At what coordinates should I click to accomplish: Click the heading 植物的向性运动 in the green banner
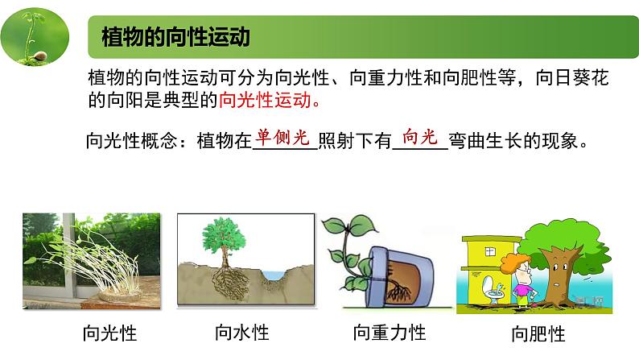pos(176,37)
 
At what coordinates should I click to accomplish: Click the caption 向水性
pos(241,332)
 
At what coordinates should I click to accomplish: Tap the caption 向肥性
pos(538,333)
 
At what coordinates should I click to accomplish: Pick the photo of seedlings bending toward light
pos(91,260)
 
